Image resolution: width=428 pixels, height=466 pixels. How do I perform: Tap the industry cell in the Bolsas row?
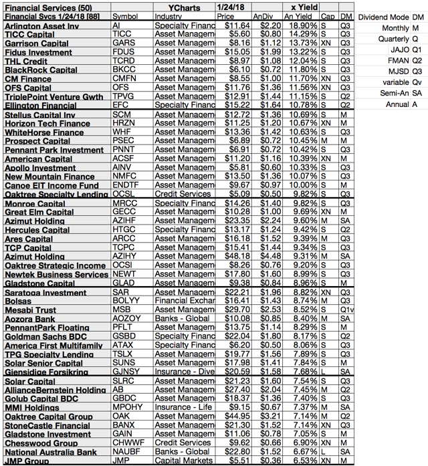[x=181, y=301]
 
